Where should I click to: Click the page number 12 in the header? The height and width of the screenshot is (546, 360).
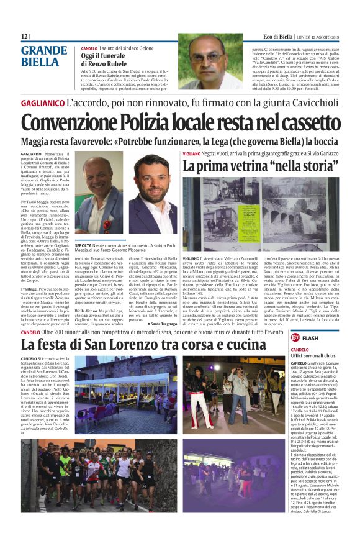pos(25,37)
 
